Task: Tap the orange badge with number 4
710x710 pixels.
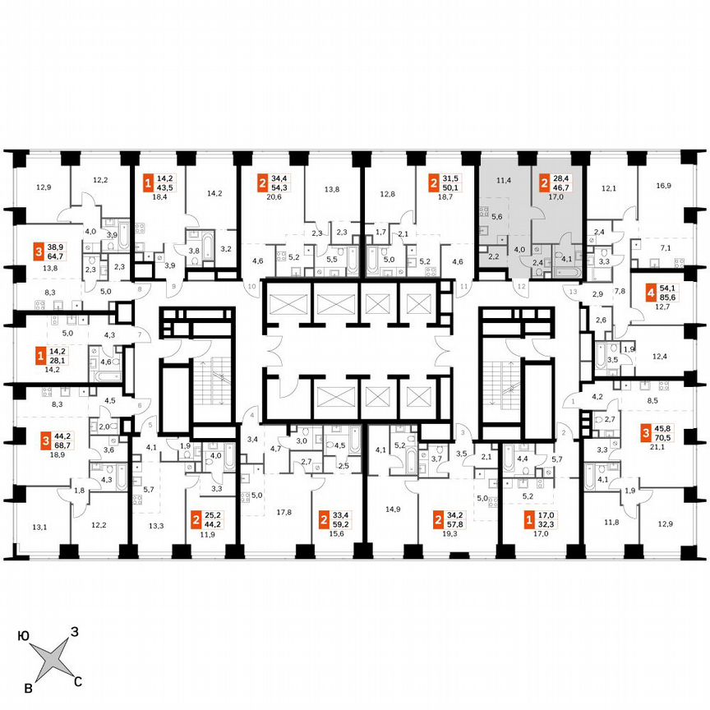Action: click(x=651, y=291)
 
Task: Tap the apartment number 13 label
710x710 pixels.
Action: click(x=574, y=292)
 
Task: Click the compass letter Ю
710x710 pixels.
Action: click(x=24, y=635)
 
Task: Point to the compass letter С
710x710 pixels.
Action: click(x=78, y=680)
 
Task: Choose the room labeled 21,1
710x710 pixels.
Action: click(x=655, y=448)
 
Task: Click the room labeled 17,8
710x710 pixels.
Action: click(x=284, y=512)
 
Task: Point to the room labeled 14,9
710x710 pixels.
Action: click(x=394, y=509)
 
